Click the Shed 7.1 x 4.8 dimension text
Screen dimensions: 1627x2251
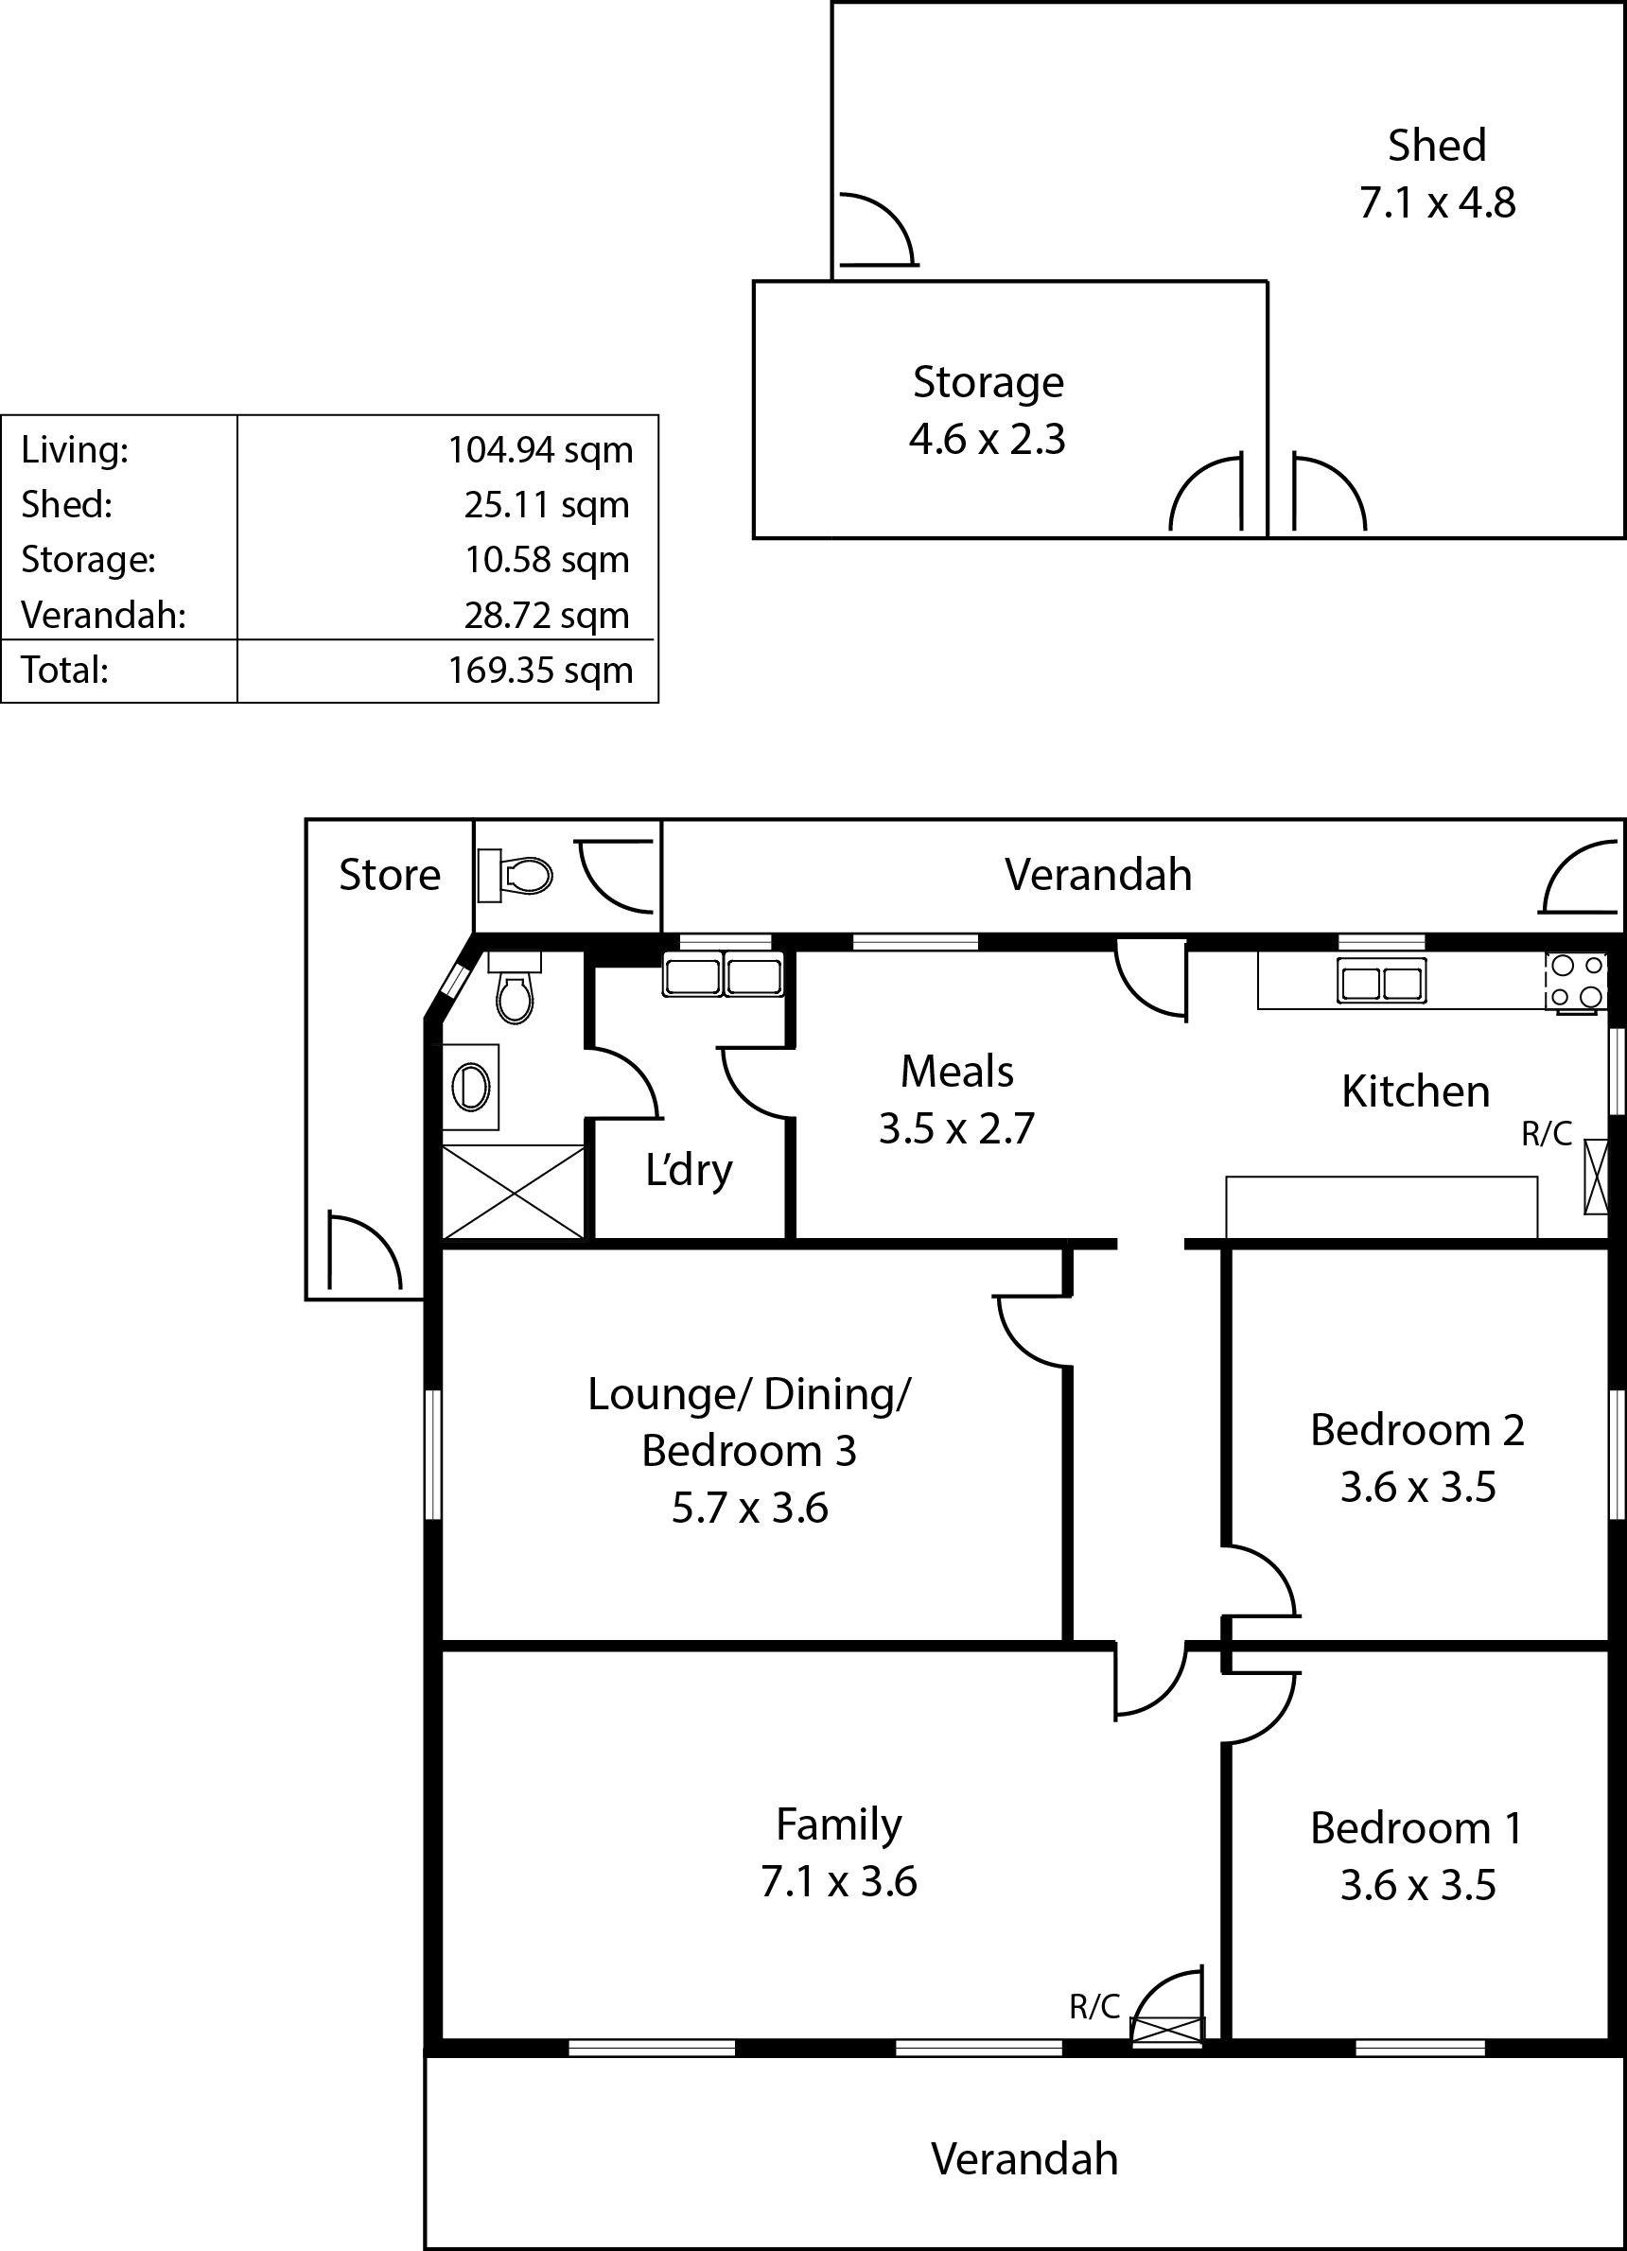[1437, 202]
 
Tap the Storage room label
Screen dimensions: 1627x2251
[988, 382]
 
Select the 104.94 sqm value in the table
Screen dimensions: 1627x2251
[540, 450]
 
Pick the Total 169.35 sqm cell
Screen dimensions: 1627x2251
[540, 670]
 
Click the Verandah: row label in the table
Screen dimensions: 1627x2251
[103, 616]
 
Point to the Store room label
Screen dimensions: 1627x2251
[389, 875]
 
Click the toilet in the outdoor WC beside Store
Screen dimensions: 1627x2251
[516, 876]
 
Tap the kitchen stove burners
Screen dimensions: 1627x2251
[1575, 981]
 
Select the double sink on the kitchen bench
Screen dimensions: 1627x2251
[1381, 982]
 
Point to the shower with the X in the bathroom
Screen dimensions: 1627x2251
[514, 1192]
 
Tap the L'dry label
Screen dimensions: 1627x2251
[689, 1171]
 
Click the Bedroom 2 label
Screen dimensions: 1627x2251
[1418, 1430]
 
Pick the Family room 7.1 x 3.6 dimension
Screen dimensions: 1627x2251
[839, 1882]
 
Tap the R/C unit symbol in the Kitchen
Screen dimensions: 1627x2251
[1595, 1178]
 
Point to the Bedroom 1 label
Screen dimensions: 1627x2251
[1417, 1828]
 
